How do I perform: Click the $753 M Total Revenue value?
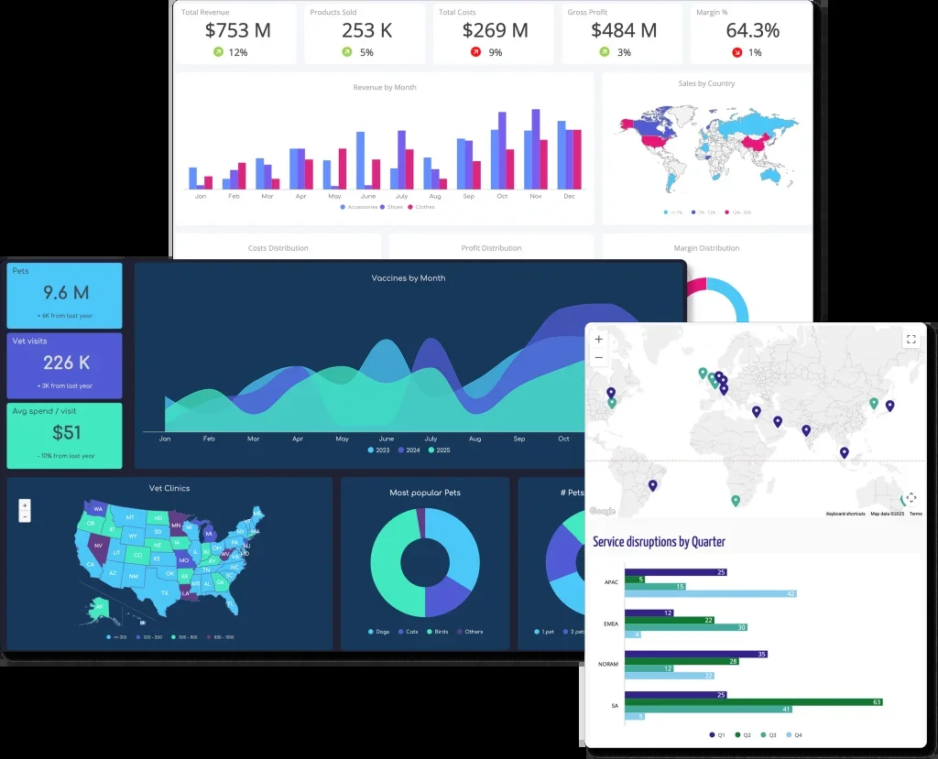237,30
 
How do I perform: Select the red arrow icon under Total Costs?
475,52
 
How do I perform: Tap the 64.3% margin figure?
752,30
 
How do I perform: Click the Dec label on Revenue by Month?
569,196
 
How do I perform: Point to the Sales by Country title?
706,83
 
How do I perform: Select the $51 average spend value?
65,433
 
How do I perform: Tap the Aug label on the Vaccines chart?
474,439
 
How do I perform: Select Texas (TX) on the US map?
165,592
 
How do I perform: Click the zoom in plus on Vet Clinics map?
25,504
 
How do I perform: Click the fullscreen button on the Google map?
911,339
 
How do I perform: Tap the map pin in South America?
652,485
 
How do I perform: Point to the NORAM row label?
610,663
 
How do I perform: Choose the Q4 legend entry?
795,735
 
